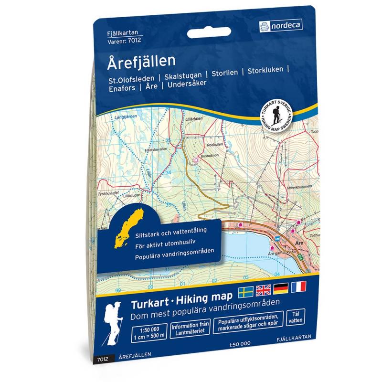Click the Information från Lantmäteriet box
pyautogui.click(x=190, y=329)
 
